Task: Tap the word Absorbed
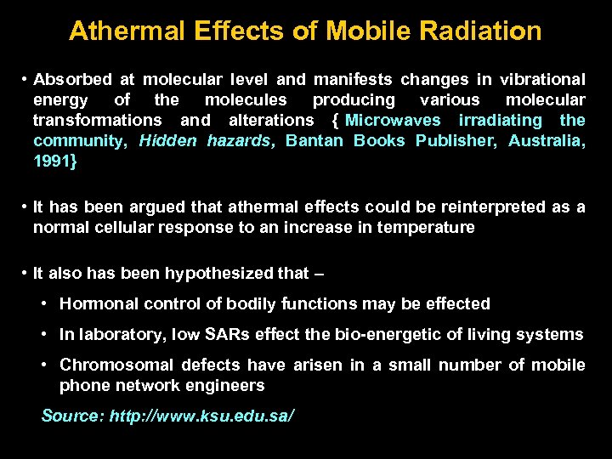pos(72,80)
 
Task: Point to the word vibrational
pos(541,80)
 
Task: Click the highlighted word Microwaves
pos(393,121)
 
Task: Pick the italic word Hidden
pos(167,141)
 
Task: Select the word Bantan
pos(314,141)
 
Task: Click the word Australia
pos(547,141)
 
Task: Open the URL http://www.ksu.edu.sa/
pos(201,417)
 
